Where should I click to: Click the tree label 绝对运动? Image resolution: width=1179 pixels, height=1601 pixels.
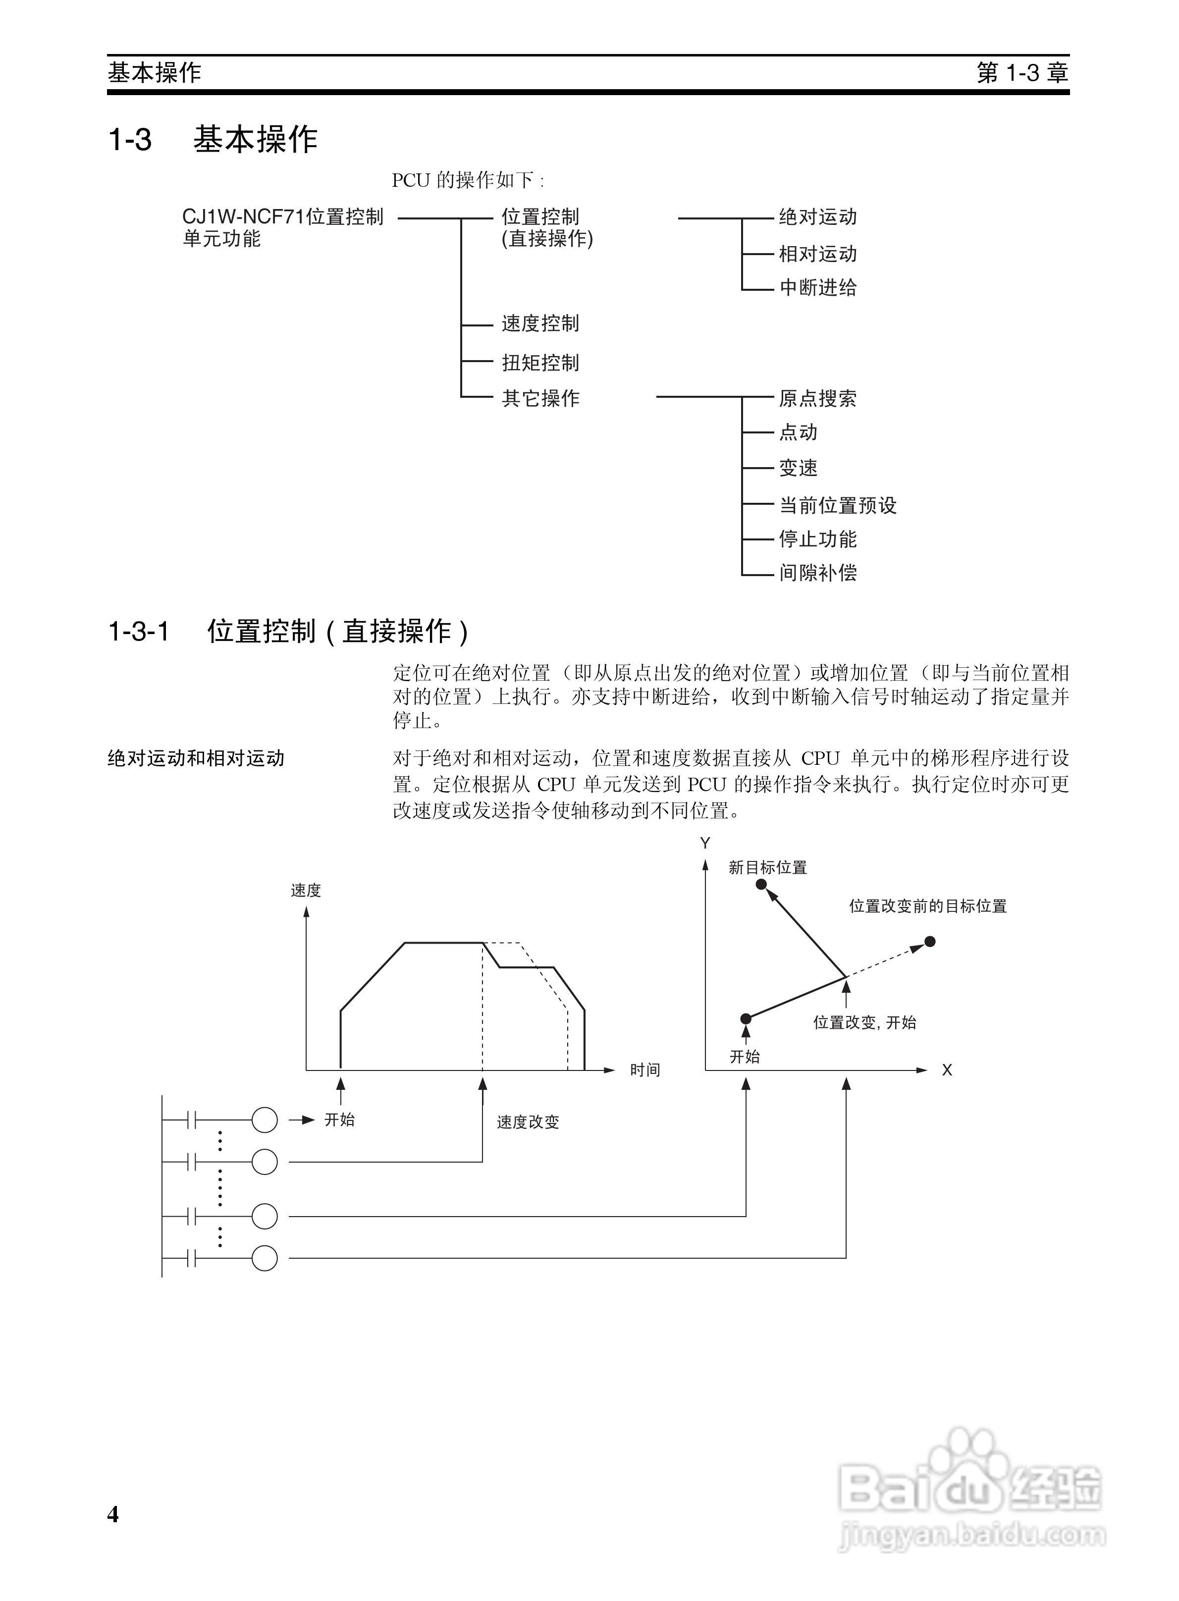pos(817,217)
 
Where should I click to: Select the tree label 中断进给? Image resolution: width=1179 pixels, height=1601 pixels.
pos(817,287)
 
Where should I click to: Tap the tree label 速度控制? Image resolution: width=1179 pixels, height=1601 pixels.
pos(540,324)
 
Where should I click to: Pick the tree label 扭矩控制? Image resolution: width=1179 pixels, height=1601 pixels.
pos(540,363)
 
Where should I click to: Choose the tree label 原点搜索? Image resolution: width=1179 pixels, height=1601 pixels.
pos(817,398)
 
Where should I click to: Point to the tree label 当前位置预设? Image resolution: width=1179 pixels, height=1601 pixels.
pos(837,505)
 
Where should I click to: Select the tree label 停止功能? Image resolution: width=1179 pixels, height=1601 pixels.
pos(817,539)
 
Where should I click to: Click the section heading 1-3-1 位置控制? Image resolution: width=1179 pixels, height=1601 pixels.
pos(288,632)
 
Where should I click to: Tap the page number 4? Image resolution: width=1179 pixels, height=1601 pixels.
pos(113,1513)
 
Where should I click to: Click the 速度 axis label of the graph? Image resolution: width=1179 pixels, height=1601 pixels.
pos(306,890)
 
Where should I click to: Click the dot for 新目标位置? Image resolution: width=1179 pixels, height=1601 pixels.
pos(761,885)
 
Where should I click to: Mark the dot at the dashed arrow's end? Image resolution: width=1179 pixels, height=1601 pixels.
pos(929,942)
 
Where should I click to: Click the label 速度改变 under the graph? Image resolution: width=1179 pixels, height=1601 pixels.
pos(528,1122)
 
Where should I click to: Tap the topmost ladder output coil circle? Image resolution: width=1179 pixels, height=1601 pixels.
pos(264,1120)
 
